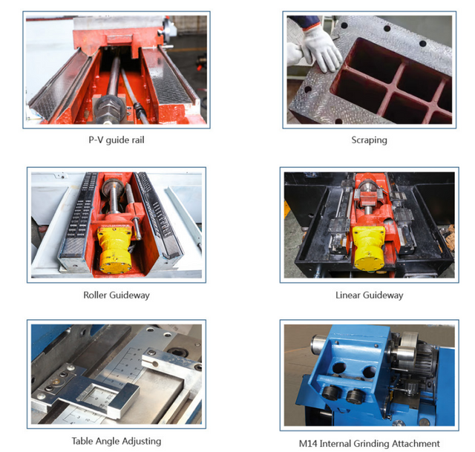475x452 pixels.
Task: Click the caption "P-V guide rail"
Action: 117,140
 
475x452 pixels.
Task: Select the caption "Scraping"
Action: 370,140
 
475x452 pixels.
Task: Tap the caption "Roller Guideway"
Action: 117,295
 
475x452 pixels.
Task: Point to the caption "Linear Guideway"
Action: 370,295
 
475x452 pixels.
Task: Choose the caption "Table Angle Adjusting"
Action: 117,441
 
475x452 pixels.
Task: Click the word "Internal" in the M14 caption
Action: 335,444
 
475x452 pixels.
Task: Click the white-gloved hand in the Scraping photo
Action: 320,48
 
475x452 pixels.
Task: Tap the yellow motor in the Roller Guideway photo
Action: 114,249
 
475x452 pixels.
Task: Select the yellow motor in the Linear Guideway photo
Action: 369,246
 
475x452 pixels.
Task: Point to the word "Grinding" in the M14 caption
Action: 371,444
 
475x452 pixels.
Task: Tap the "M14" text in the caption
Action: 308,444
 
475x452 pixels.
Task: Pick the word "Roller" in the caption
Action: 95,295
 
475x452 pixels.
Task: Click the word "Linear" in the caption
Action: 348,295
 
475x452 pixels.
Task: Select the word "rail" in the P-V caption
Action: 138,140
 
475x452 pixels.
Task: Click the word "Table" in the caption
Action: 82,441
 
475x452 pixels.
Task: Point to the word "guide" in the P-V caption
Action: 117,140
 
